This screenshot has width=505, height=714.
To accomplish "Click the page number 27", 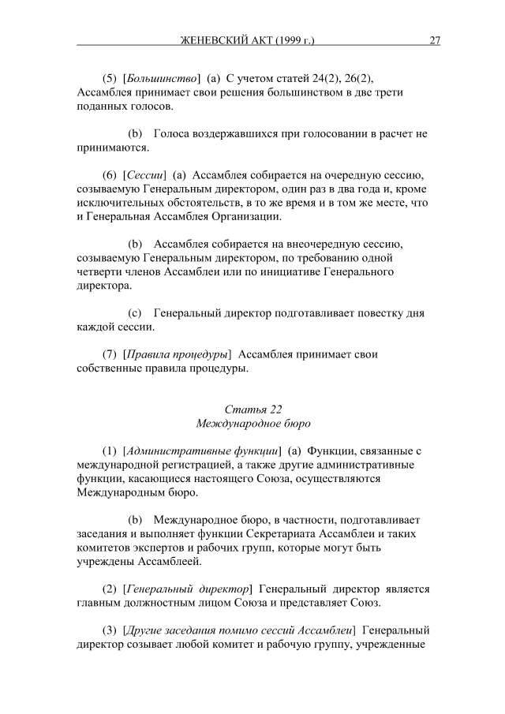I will tap(435, 41).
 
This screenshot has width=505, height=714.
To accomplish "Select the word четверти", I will tap(99, 271).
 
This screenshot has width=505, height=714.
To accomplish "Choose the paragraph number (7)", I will tap(111, 354).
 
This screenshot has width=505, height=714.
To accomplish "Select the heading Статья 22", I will tap(252, 409).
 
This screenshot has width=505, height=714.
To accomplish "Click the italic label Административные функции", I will tap(204, 450).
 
